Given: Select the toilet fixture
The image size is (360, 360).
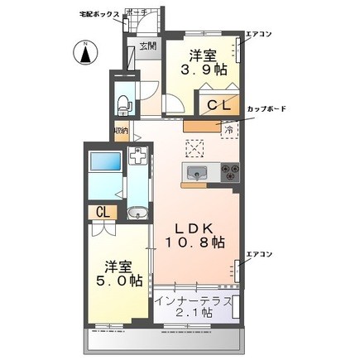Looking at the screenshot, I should pyautogui.click(x=122, y=105).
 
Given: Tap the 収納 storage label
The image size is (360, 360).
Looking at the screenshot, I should pyautogui.click(x=121, y=130).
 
